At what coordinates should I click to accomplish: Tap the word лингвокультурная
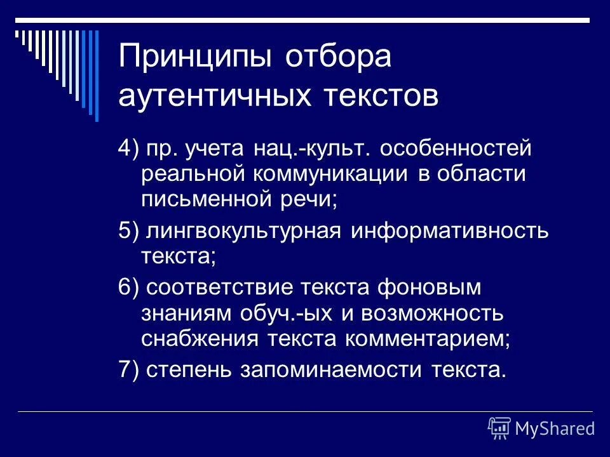pyautogui.click(x=245, y=230)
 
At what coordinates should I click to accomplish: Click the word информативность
pyautogui.click(x=449, y=230)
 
